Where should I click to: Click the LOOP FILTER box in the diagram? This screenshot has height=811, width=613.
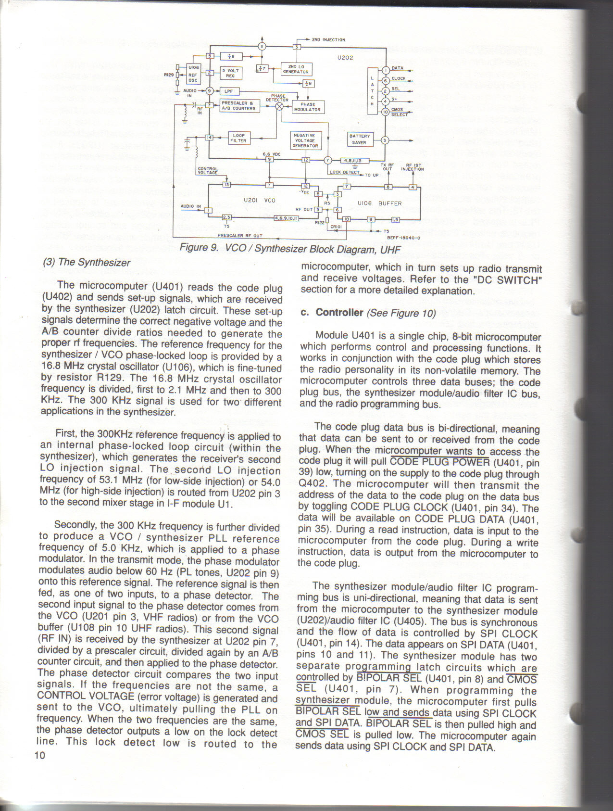pos(238,138)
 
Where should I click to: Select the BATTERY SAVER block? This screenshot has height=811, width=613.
pos(359,139)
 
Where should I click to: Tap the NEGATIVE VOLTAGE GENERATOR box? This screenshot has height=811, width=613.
pos(305,140)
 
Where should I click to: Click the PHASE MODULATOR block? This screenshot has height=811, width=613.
pos(308,107)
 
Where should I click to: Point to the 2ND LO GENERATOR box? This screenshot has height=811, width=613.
pos(295,69)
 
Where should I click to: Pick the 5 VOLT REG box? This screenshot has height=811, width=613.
pos(233,73)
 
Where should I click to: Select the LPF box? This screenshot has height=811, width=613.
pos(228,90)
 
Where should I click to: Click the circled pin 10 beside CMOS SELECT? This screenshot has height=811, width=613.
pos(385,112)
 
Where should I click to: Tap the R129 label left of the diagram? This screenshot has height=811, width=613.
pos(168,75)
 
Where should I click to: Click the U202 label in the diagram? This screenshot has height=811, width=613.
pos(345,58)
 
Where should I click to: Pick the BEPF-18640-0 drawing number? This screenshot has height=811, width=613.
pos(403,237)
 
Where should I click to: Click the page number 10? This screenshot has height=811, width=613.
pos(40,755)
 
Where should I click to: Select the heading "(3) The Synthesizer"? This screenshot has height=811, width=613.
pos(87,263)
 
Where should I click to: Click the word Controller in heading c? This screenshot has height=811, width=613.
pos(339,313)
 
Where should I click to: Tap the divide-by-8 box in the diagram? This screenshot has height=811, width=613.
pos(231,56)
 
